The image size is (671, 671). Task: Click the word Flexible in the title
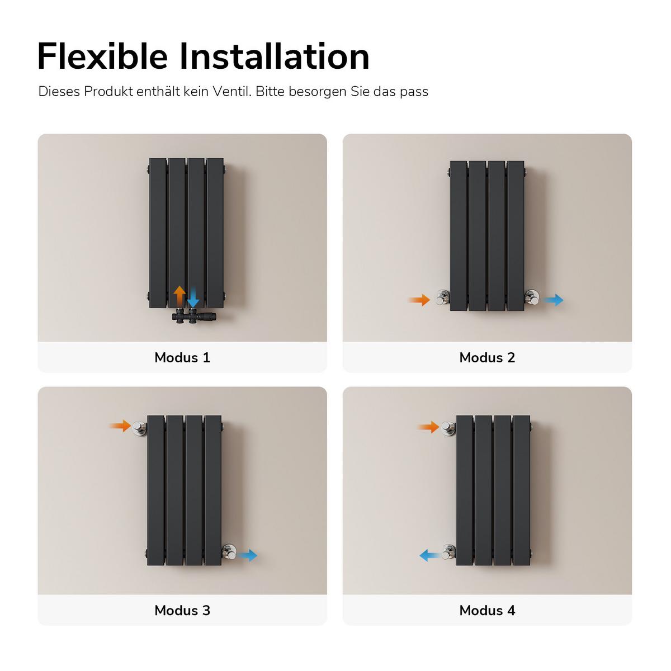pyautogui.click(x=102, y=56)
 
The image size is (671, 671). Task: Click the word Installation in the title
pyautogui.click(x=275, y=56)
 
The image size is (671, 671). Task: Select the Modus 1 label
pyautogui.click(x=182, y=357)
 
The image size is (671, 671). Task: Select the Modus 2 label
pyautogui.click(x=487, y=357)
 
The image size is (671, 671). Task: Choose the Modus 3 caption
pyautogui.click(x=182, y=610)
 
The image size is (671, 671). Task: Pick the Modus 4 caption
pyautogui.click(x=487, y=610)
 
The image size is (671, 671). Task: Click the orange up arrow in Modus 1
pyautogui.click(x=179, y=296)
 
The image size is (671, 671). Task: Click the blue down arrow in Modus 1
pyautogui.click(x=193, y=297)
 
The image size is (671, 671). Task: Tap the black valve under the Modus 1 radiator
pyautogui.click(x=193, y=316)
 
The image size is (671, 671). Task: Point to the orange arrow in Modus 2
pyautogui.click(x=419, y=300)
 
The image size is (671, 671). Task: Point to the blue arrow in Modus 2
pyautogui.click(x=554, y=300)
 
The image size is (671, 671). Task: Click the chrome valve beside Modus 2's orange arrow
pyautogui.click(x=442, y=297)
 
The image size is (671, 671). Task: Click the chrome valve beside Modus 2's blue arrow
pyautogui.click(x=532, y=297)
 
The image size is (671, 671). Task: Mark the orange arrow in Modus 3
pyautogui.click(x=120, y=426)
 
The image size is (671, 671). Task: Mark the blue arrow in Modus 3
pyautogui.click(x=247, y=555)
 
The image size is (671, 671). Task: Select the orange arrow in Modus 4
pyautogui.click(x=428, y=427)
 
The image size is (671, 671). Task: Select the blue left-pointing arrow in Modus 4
pyautogui.click(x=431, y=555)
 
